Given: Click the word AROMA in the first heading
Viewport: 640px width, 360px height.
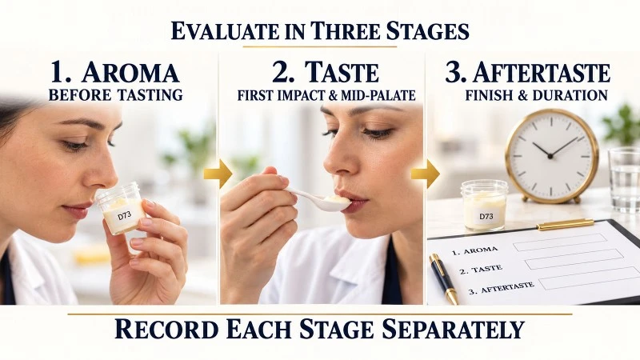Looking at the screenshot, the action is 130,73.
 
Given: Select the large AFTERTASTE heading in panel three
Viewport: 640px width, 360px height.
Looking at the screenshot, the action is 542,73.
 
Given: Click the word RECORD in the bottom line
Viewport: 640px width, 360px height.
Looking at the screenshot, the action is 166,329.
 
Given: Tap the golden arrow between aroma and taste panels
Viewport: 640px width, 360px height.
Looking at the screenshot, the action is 218,174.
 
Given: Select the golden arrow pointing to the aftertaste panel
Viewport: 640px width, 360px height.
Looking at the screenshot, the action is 426,174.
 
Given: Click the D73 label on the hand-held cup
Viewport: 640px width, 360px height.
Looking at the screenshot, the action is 124,215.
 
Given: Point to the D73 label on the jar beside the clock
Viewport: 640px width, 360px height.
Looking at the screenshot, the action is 486,216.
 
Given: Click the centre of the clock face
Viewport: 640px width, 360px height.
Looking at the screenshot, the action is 550,156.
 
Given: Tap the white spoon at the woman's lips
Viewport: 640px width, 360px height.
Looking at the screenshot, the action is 318,199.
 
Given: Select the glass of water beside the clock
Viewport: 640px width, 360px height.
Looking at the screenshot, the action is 624,179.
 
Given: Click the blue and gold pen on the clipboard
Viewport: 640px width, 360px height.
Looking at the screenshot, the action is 443,279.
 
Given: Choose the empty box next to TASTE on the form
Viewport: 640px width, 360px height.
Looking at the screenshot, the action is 574,259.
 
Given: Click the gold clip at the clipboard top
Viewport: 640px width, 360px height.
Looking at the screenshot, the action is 566,225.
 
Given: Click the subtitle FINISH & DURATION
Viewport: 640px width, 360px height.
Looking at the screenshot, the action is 536,95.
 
